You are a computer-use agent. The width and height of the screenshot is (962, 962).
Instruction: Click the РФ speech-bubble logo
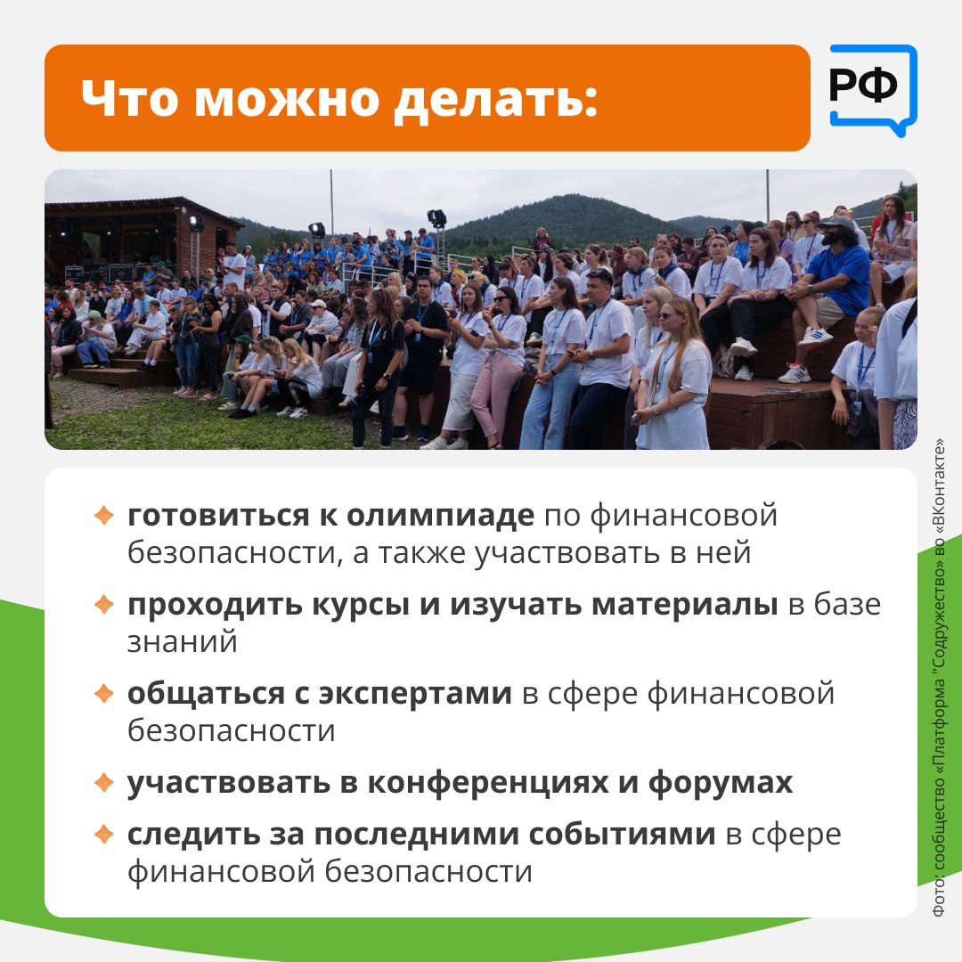click(x=873, y=90)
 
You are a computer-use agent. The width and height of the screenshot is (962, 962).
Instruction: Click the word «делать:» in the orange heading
click(x=496, y=98)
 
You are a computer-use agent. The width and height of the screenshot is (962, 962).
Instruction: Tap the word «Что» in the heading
click(x=130, y=98)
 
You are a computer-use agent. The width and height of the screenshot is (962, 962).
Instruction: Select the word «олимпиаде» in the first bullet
click(x=441, y=516)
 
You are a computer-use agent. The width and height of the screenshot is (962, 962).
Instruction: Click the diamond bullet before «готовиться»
click(x=104, y=515)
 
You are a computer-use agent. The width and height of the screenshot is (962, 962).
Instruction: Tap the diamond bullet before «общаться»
click(x=104, y=693)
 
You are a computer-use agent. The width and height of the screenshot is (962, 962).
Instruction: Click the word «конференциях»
click(x=488, y=783)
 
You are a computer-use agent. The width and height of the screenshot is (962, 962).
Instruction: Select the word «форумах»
click(x=721, y=783)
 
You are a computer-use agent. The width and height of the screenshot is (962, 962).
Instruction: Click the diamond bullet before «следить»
click(x=104, y=834)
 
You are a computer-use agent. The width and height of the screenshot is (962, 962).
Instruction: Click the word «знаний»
click(x=183, y=642)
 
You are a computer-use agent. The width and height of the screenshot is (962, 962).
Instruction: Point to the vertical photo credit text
click(x=939, y=677)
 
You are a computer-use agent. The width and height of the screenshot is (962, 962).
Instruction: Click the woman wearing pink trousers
click(x=496, y=365)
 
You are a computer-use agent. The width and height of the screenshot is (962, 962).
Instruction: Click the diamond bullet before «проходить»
click(x=104, y=604)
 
